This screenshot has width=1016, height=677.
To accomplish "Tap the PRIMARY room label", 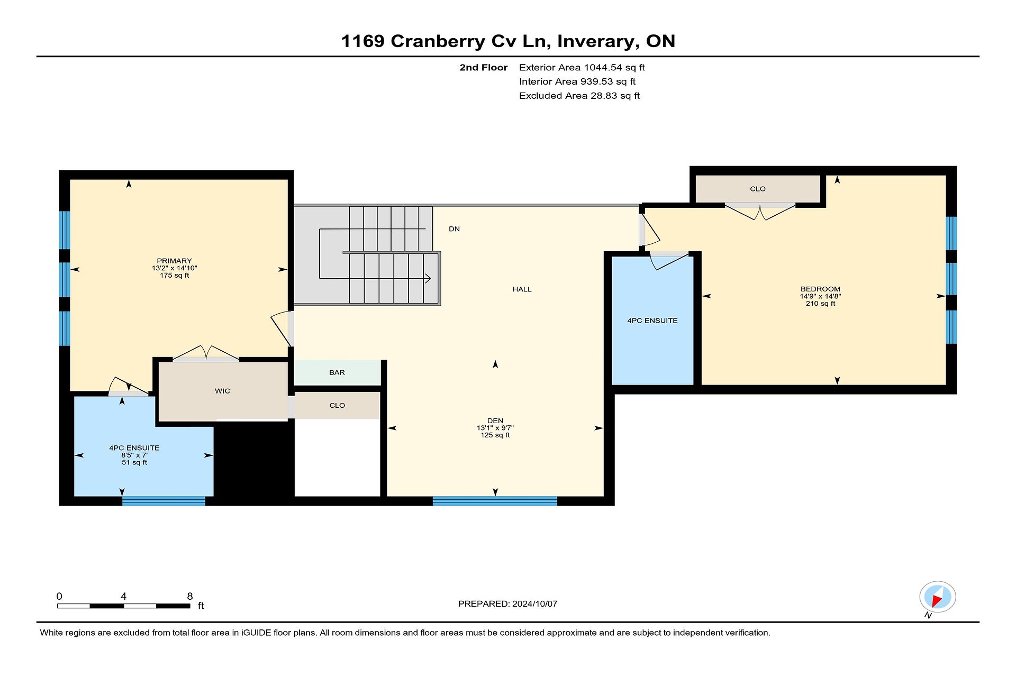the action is (x=174, y=261).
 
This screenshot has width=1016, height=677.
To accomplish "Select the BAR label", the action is (x=337, y=372).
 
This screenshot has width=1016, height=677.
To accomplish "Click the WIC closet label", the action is (x=222, y=391).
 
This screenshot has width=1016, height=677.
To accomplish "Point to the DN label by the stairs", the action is (x=454, y=229).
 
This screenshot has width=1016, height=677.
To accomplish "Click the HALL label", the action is (x=522, y=289).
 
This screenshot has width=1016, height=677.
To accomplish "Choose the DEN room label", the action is (x=495, y=421).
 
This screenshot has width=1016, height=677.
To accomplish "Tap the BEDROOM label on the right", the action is (x=820, y=289).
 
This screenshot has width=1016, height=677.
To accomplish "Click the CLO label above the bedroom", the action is (x=758, y=189).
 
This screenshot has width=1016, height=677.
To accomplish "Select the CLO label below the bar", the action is (x=337, y=406).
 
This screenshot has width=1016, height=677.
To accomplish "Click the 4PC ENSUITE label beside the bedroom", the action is (x=652, y=321).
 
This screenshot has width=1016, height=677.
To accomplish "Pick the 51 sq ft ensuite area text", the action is (x=134, y=462).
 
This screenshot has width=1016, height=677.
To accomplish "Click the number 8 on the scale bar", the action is (x=190, y=596).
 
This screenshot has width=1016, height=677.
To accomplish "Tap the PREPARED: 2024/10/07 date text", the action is (x=507, y=604).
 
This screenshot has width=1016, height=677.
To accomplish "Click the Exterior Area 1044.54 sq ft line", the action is (x=582, y=67).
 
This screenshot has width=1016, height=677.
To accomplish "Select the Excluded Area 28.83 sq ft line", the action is (x=579, y=96).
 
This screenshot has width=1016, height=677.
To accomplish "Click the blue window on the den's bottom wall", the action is (x=495, y=501).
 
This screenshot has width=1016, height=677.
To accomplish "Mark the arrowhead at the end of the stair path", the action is (x=428, y=278).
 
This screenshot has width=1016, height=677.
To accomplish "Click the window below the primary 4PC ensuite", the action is (x=164, y=501).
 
